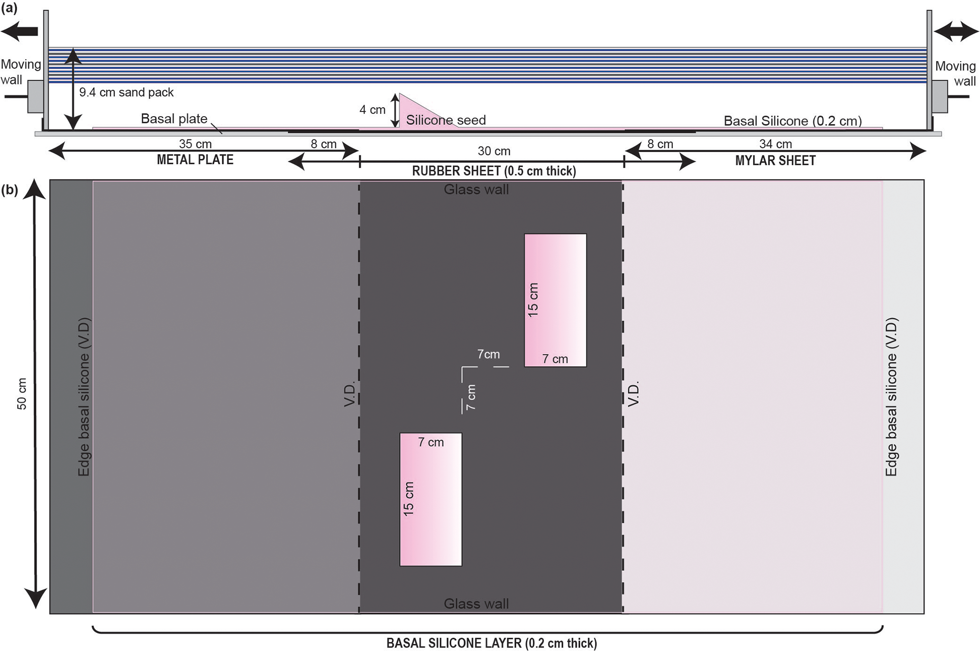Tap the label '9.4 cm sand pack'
[126, 92]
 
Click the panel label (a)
[9, 8]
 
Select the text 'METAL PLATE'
[195, 160]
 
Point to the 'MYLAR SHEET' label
[775, 161]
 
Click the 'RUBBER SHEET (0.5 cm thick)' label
[494, 171]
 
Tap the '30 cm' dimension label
[494, 151]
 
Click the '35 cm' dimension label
[195, 144]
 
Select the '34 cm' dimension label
[775, 144]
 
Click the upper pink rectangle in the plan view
[555, 300]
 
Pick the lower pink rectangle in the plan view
[430, 499]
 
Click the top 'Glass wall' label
[476, 190]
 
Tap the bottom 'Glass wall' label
[476, 604]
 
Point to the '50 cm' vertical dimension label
[22, 394]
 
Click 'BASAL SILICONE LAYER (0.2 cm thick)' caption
[492, 643]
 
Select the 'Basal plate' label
[174, 119]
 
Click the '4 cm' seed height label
[372, 110]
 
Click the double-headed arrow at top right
[955, 31]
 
